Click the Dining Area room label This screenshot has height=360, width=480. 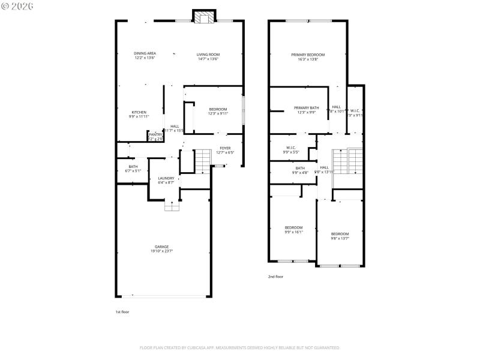(x=145, y=53)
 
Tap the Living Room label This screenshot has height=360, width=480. (x=208, y=54)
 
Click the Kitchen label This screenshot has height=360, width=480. (x=139, y=112)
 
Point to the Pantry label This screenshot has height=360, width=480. (x=155, y=134)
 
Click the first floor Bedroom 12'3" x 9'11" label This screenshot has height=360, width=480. (x=218, y=109)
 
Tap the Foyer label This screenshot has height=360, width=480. (x=224, y=148)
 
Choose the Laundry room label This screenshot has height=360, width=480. (x=166, y=178)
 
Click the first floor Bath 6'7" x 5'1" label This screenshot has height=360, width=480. (x=133, y=167)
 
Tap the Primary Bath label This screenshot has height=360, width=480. (x=306, y=108)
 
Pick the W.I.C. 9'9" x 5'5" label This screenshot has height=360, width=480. (x=291, y=148)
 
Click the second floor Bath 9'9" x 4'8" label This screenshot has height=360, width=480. (x=299, y=168)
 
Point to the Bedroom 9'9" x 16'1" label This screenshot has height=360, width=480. (x=293, y=227)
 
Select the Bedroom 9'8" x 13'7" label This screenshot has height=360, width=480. (x=340, y=233)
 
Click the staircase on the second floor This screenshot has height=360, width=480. (x=348, y=160)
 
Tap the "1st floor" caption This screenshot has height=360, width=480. (x=122, y=312)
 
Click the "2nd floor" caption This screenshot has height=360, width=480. (x=275, y=277)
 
